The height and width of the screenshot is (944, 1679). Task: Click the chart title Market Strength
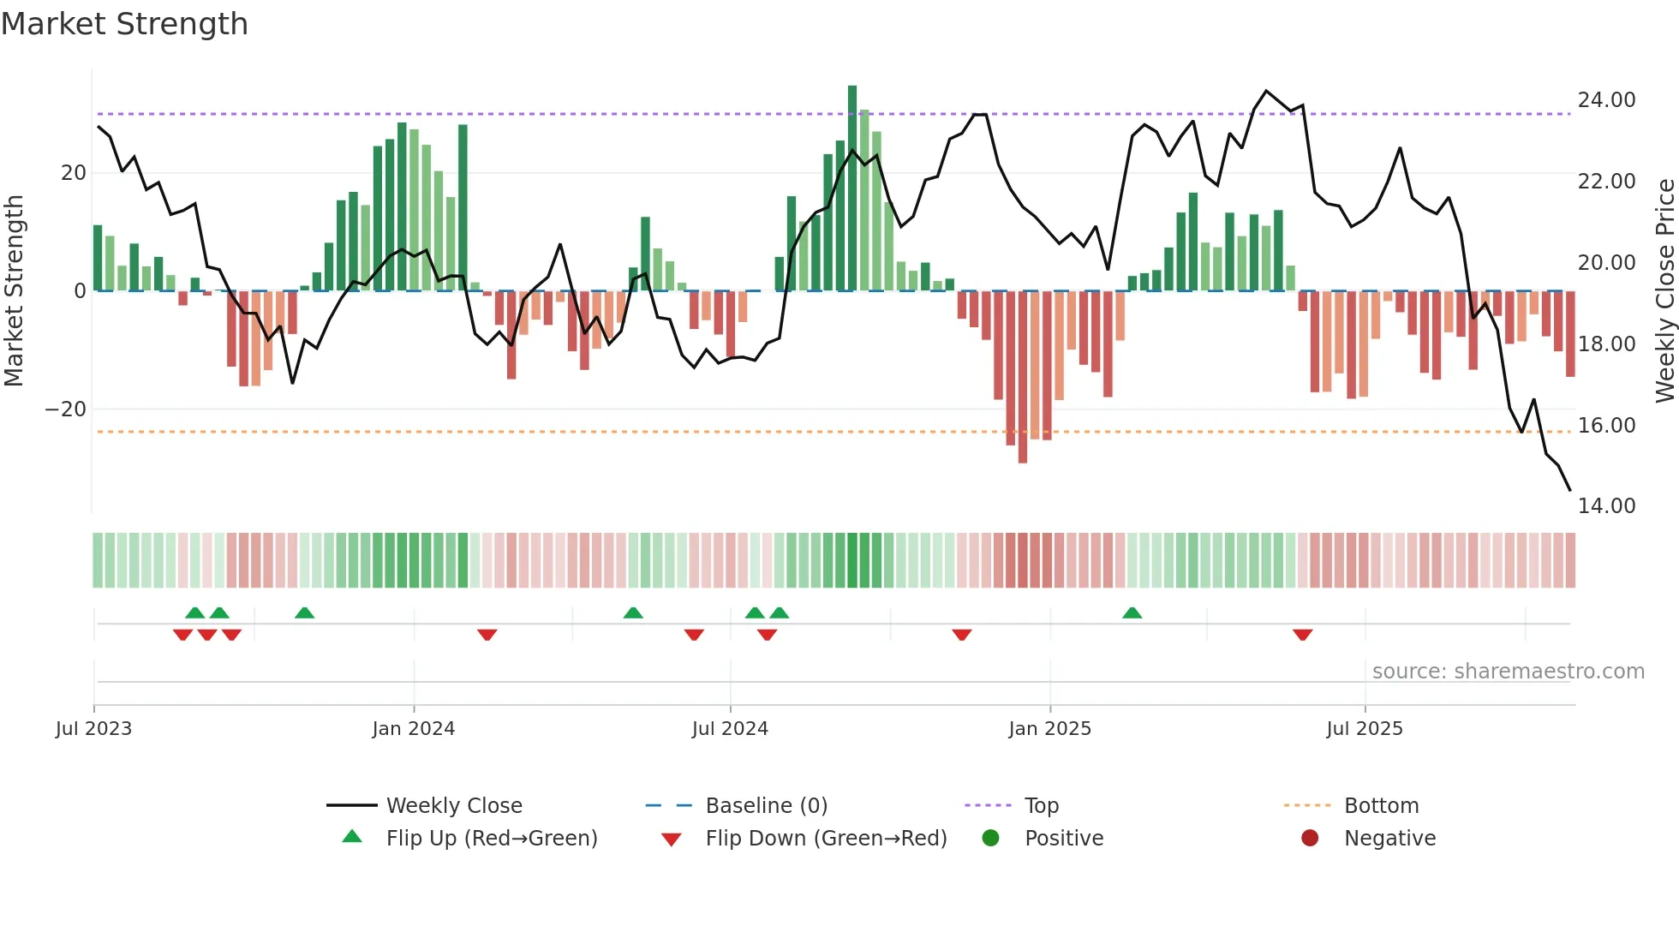click(124, 24)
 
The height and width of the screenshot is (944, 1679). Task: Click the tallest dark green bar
click(852, 188)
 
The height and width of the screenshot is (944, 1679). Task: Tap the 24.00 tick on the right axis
click(1606, 100)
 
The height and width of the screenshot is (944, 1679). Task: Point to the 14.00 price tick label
click(1606, 506)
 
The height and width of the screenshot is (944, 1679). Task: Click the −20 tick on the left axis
click(66, 409)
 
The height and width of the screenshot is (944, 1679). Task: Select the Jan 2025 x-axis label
click(1049, 729)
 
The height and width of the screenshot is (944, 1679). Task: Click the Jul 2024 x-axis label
click(730, 729)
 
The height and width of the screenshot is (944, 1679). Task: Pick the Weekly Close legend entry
click(453, 806)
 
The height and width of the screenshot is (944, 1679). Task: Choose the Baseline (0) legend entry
click(766, 806)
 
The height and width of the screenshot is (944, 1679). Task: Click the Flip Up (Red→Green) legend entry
click(491, 839)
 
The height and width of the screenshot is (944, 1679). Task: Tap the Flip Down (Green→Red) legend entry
click(826, 839)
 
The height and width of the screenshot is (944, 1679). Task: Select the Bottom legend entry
click(1381, 806)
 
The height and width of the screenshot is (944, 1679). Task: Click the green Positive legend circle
click(990, 839)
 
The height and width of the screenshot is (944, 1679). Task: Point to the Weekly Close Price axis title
click(1664, 291)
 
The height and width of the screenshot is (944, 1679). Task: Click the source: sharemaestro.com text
click(1508, 672)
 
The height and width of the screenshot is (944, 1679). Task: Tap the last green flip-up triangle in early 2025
click(1132, 613)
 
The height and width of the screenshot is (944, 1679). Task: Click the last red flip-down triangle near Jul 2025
click(1302, 635)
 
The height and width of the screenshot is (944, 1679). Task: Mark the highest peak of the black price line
click(1266, 91)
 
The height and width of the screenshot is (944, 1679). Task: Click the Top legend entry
click(1041, 806)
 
